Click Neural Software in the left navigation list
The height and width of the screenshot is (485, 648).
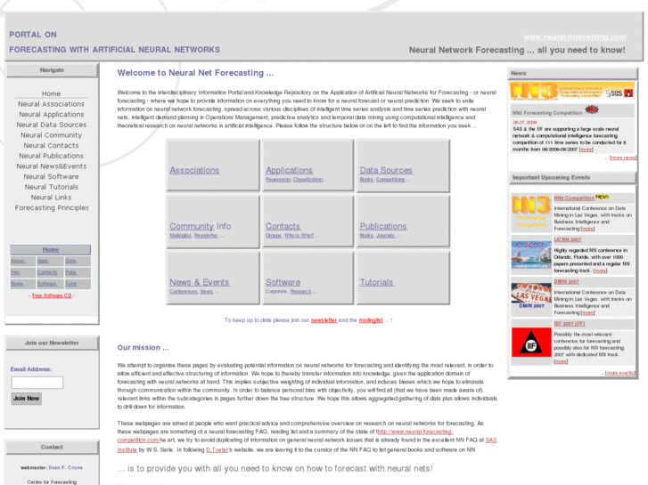point(51,176)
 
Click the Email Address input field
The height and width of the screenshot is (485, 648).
point(37,383)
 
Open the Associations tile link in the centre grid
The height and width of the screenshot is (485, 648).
point(194,170)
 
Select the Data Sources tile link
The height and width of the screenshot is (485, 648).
point(386,170)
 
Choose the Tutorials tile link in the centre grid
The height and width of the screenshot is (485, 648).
point(376,282)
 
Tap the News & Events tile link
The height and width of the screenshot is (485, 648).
point(199,282)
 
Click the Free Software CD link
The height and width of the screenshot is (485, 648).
point(53,295)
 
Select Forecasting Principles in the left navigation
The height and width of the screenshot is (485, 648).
point(52,207)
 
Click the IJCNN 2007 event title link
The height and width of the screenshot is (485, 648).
point(567,239)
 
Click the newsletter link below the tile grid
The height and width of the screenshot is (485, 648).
point(324,319)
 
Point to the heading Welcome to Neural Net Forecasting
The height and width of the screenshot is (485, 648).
point(195,73)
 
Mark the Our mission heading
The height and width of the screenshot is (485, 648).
point(143,346)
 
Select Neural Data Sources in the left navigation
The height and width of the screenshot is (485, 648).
point(51,125)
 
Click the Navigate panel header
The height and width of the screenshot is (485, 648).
point(52,69)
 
